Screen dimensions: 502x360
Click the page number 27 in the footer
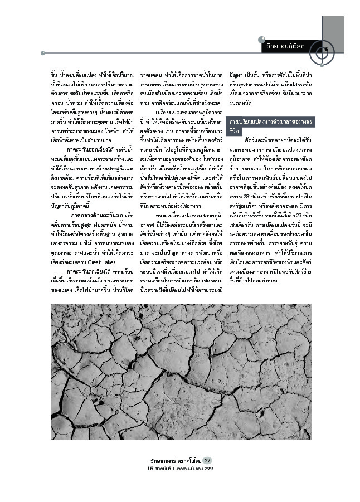[x=207, y=460]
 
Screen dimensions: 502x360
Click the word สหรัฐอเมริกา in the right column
[x=244, y=220]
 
